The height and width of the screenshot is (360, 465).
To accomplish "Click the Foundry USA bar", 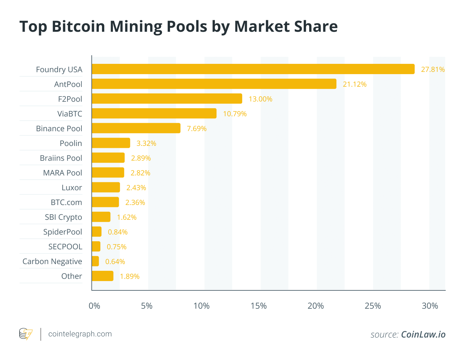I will (253, 69).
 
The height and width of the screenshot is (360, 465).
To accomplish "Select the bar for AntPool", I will (214, 84).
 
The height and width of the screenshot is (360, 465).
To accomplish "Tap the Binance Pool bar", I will (136, 128).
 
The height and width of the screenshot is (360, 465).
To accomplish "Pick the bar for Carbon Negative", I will (95, 261).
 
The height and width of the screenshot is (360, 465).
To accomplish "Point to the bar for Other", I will (103, 276).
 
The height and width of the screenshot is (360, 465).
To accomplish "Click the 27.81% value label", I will (433, 69).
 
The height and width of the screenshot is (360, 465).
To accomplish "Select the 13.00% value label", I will (260, 99).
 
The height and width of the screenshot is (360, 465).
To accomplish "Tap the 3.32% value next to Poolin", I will (146, 143).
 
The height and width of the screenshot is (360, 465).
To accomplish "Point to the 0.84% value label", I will (118, 232).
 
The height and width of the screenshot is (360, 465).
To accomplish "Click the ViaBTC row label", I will (70, 114).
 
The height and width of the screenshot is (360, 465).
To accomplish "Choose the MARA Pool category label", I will (63, 173).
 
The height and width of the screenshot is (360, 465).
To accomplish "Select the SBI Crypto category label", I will (63, 217).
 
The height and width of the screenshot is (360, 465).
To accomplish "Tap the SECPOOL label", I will (65, 246).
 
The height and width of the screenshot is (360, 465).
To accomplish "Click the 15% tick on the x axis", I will (258, 306).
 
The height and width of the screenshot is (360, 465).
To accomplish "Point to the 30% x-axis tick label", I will (430, 306).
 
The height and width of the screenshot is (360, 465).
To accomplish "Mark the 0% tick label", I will (94, 306).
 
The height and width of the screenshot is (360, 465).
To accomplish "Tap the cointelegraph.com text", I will (80, 334).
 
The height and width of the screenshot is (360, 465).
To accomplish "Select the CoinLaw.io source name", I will (423, 334).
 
